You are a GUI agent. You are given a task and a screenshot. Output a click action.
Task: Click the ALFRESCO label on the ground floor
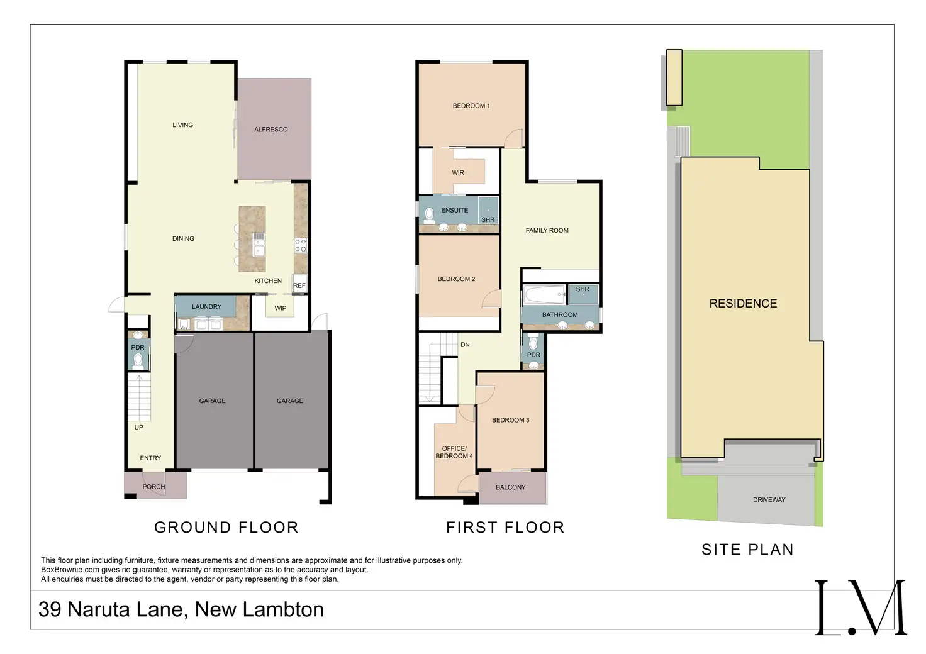271,130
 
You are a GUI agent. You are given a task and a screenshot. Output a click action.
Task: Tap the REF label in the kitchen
299,285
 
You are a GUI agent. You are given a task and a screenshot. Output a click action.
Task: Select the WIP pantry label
281,308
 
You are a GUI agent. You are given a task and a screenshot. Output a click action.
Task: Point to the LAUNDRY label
206,307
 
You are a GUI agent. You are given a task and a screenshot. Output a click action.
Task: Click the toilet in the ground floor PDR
138,362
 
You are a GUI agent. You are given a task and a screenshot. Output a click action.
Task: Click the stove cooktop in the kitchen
301,245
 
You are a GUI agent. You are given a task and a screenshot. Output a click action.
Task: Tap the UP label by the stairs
138,428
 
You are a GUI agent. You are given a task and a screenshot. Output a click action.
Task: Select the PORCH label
153,487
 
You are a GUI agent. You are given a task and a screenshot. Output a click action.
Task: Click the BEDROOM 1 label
471,106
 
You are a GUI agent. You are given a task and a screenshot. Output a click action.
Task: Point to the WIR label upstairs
458,172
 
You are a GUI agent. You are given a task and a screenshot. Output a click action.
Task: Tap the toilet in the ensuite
429,216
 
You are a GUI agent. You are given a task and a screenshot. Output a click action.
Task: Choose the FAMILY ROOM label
547,231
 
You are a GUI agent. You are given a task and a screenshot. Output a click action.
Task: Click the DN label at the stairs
465,345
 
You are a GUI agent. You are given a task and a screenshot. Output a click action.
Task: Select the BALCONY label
510,487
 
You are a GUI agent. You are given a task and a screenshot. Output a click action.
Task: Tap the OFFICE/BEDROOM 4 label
454,452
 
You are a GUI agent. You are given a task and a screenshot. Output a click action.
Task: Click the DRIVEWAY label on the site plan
769,500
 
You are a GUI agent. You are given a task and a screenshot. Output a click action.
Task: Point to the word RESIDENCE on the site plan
743,304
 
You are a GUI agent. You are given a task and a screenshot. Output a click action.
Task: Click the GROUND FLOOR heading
226,528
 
